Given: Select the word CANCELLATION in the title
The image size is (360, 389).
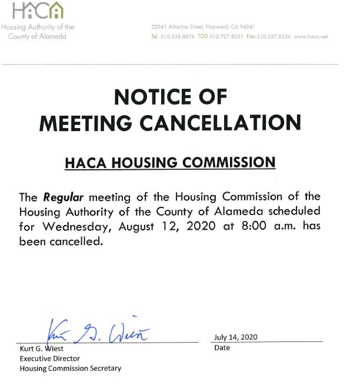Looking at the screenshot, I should (231, 122).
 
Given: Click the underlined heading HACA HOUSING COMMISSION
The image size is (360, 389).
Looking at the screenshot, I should (169, 162).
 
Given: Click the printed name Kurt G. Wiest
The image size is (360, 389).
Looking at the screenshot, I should (41, 348).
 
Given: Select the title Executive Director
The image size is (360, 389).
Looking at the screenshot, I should (50, 358).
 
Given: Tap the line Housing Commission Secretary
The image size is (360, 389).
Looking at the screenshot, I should (71, 368).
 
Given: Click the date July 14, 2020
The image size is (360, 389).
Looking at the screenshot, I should (236, 337).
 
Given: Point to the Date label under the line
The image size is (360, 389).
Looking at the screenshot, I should (222, 348).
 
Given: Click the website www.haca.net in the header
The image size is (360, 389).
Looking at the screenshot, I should (311, 36).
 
